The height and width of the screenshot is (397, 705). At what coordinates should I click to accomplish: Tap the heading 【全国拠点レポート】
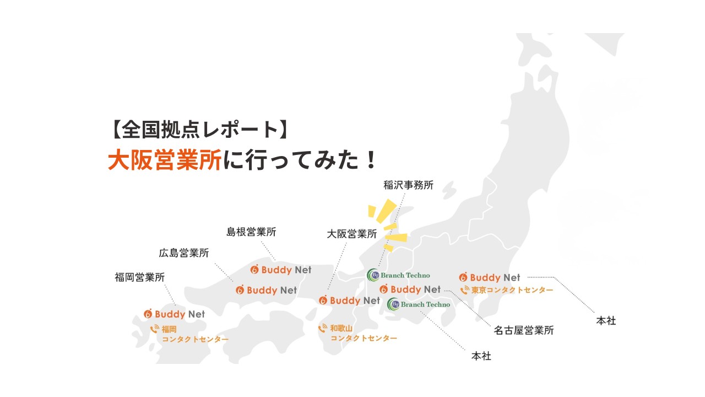198,130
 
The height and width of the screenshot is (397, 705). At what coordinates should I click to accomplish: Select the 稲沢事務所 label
408,185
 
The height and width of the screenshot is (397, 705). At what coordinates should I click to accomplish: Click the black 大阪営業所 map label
352,234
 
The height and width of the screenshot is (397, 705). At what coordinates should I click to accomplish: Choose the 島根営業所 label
251,232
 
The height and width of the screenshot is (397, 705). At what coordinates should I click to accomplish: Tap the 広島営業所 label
184,253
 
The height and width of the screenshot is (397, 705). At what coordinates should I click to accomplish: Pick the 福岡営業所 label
140,277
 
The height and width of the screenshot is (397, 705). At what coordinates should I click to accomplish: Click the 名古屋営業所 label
523,330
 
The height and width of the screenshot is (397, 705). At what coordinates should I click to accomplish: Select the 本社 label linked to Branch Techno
481,356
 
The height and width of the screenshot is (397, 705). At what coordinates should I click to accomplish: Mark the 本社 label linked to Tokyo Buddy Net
606,320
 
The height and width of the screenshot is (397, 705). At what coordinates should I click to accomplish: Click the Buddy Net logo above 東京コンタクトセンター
489,277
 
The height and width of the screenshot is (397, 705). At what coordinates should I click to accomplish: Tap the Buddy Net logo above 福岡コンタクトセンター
174,314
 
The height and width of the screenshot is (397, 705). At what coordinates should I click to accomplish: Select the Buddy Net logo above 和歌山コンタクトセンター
350,301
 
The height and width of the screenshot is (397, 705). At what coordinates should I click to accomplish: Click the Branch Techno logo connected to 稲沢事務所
398,275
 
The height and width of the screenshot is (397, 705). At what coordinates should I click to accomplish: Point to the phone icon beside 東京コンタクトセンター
464,290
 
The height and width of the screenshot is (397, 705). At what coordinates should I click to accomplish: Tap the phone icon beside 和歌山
323,329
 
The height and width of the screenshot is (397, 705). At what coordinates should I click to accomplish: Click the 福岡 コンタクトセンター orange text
194,334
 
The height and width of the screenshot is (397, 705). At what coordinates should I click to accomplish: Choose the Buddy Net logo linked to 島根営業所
281,270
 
